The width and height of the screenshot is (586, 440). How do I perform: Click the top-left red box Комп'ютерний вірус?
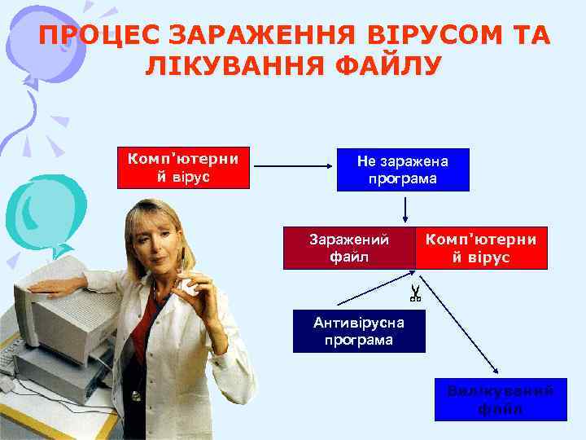tap(183, 168)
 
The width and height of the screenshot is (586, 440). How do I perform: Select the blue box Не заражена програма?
tap(403, 169)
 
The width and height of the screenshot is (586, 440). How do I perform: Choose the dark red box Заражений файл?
tap(349, 248)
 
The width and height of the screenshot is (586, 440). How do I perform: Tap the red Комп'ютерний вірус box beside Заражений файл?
tap(481, 248)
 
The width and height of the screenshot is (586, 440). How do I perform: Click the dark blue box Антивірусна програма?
tap(359, 331)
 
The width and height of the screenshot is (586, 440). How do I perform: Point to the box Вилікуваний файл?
tap(500, 399)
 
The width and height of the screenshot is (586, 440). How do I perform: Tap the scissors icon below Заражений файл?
tap(414, 293)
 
